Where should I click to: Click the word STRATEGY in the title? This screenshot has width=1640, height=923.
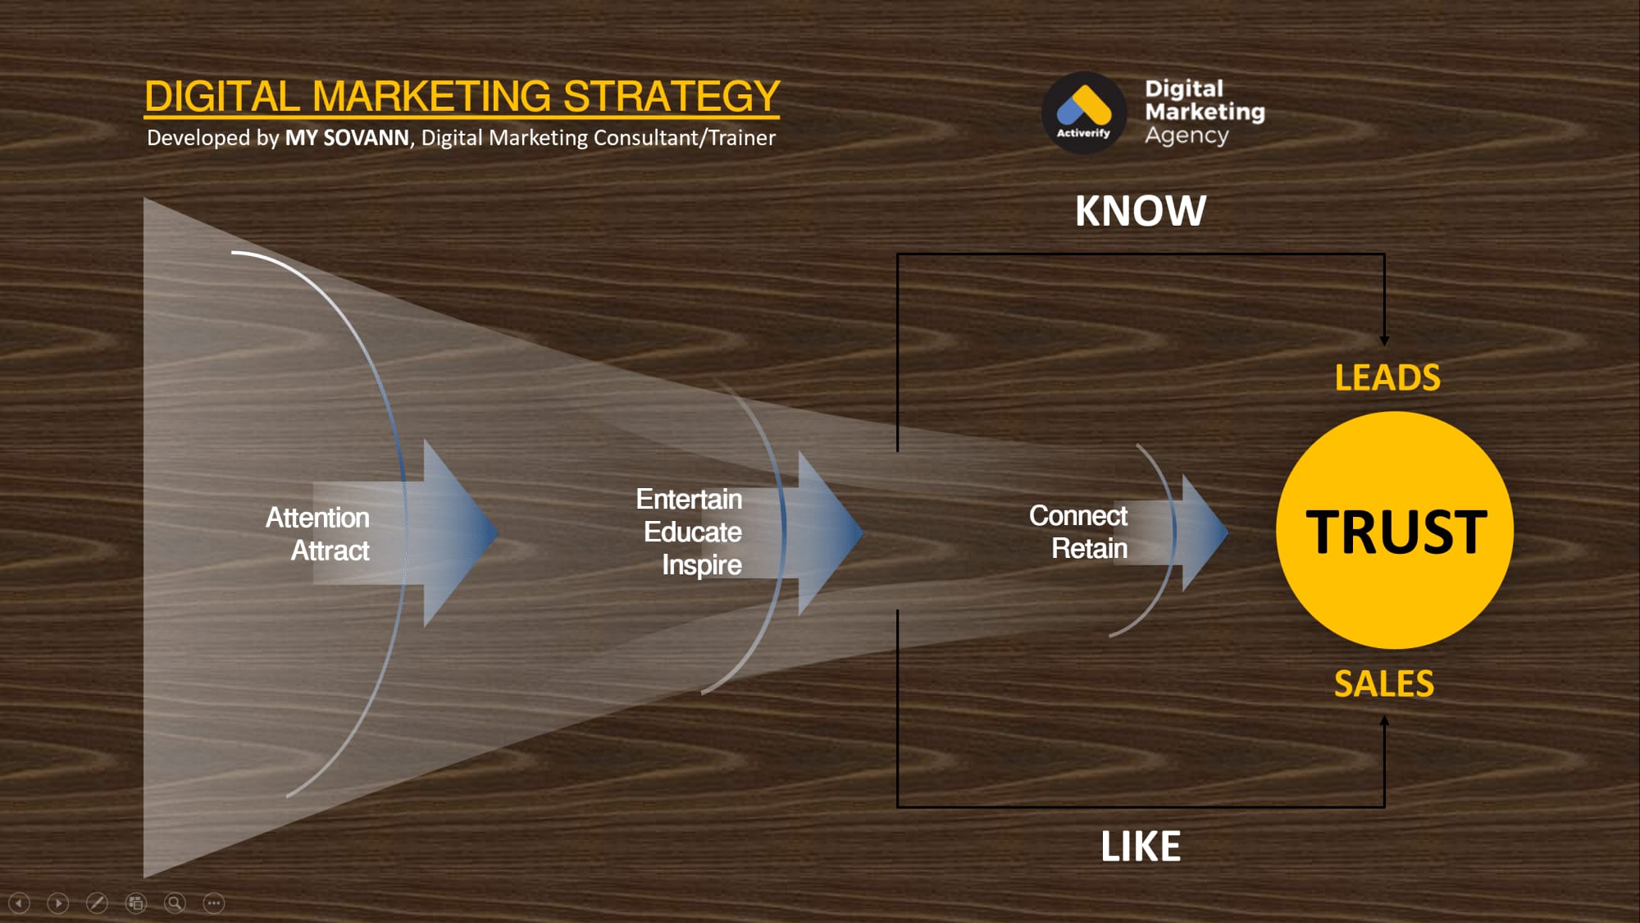click(x=671, y=96)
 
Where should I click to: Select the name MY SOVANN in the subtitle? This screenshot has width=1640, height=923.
click(x=347, y=138)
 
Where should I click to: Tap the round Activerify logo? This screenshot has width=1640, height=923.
click(x=1084, y=112)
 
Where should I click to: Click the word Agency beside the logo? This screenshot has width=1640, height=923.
click(x=1187, y=136)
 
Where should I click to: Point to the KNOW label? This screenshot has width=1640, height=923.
click(x=1141, y=211)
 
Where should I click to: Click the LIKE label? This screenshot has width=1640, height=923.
click(x=1141, y=846)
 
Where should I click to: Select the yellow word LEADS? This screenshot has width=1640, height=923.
click(x=1387, y=377)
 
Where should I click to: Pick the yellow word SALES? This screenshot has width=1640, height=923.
click(x=1384, y=683)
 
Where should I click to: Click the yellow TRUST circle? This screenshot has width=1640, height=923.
click(x=1395, y=530)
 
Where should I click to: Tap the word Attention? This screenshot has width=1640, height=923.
click(x=317, y=518)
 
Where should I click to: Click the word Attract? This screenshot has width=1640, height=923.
click(x=330, y=551)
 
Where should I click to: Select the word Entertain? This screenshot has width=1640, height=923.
click(x=689, y=499)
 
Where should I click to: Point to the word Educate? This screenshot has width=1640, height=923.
click(x=693, y=532)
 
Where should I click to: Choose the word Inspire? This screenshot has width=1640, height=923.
click(x=702, y=565)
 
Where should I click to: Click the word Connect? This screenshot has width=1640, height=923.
click(x=1078, y=515)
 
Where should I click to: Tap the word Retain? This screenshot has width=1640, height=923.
click(x=1090, y=548)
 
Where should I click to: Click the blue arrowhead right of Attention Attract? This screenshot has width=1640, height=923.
click(x=459, y=533)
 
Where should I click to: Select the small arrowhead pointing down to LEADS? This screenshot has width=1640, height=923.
click(x=1384, y=340)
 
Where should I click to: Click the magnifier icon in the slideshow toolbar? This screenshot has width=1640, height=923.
click(x=175, y=903)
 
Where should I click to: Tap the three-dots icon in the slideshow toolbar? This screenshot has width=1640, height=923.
click(x=214, y=903)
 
